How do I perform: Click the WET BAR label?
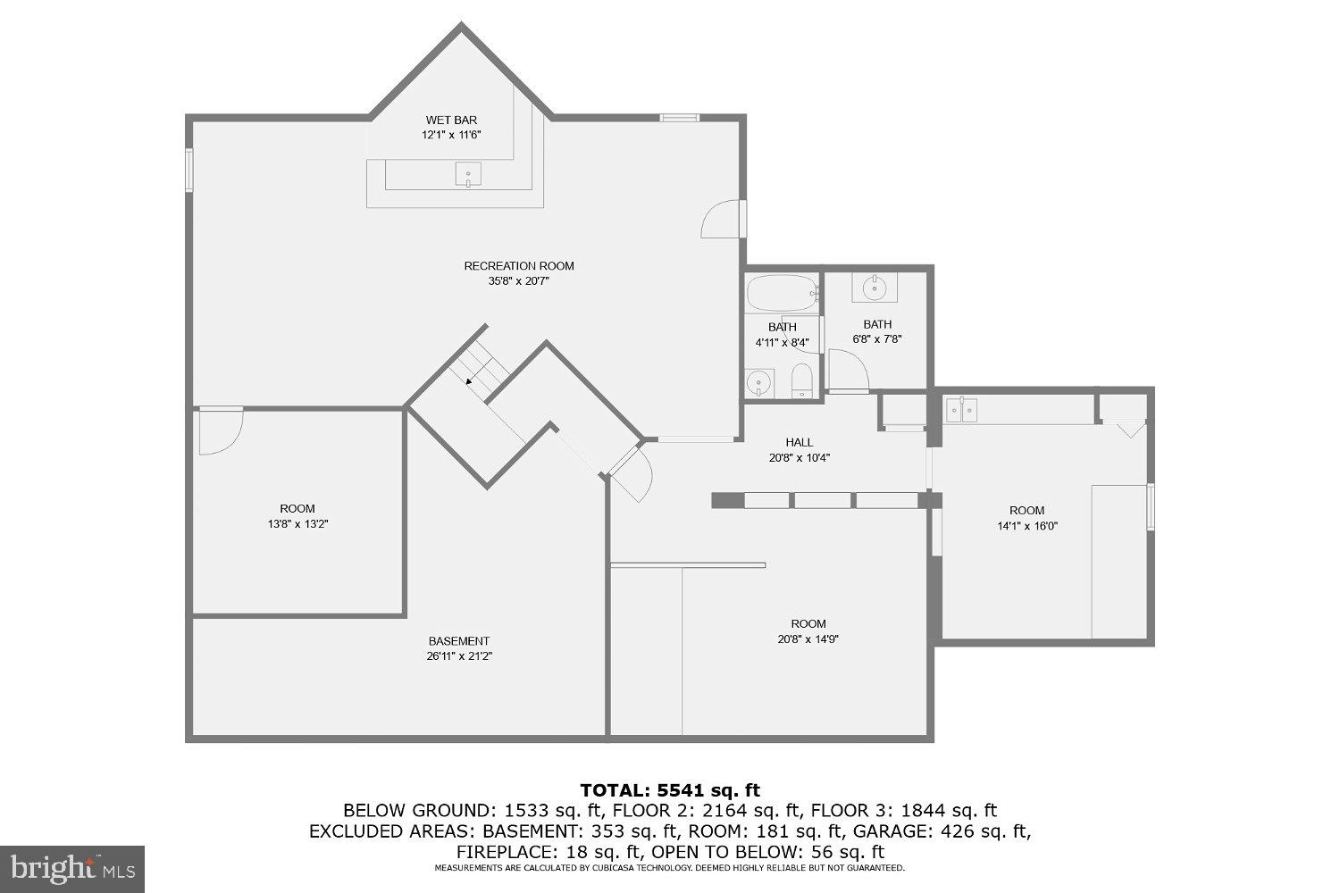point(451,120)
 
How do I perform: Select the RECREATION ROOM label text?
point(518,265)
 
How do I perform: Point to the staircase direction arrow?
point(470,380)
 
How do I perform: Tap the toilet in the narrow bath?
point(801,380)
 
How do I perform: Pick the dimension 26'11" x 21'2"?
point(459,656)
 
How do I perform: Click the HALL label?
point(800,442)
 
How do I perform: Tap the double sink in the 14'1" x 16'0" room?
point(961,410)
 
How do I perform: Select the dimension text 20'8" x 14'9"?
point(808,638)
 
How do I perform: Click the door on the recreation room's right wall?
point(724,220)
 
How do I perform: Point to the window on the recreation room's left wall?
point(189,169)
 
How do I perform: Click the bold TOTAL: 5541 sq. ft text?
point(670,789)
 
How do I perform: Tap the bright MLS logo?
point(71,868)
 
